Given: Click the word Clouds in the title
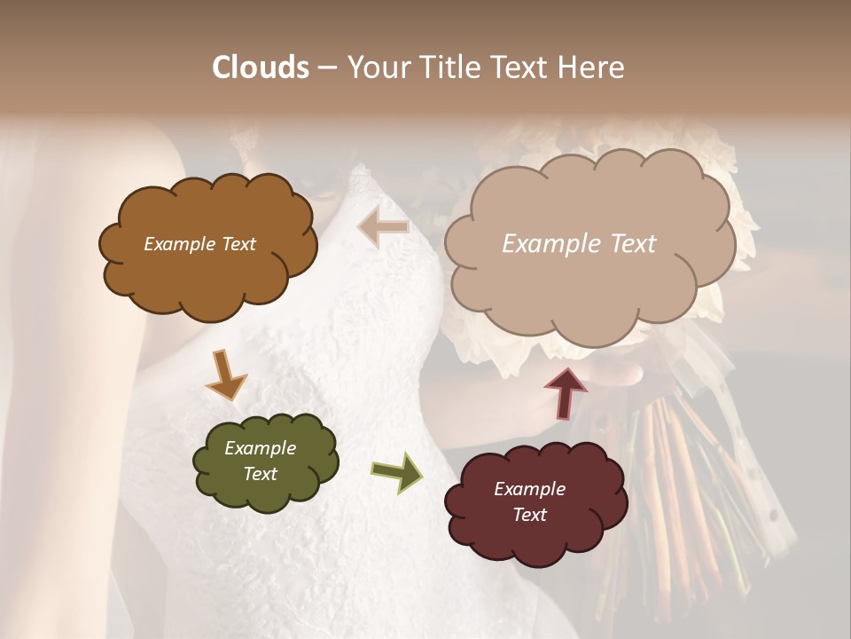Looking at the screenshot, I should [x=261, y=67].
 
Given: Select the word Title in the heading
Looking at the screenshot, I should [x=449, y=67].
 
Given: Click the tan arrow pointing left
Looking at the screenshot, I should [x=384, y=227].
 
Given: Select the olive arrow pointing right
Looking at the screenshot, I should [x=397, y=471].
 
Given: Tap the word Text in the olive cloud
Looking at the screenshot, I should [x=261, y=474].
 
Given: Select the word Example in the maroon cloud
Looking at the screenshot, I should [x=529, y=489].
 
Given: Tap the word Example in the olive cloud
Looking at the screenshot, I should [x=261, y=448].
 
